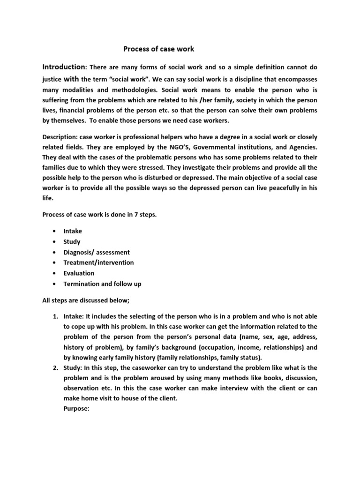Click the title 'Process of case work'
click(158, 49)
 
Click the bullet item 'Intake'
click(73, 231)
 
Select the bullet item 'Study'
click(72, 242)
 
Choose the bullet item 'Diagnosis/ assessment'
click(97, 252)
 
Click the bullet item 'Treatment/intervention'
click(98, 262)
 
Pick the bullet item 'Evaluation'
click(79, 273)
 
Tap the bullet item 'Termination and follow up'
click(102, 284)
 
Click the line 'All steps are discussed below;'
click(86, 300)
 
